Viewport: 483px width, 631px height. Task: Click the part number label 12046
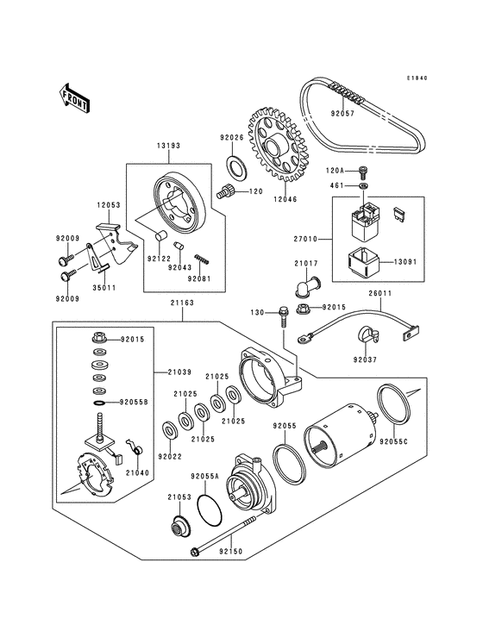pyautogui.click(x=285, y=199)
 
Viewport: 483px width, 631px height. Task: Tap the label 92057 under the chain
pyautogui.click(x=343, y=114)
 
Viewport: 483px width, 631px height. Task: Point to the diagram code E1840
pyautogui.click(x=417, y=78)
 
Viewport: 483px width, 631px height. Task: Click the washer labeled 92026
pyautogui.click(x=235, y=166)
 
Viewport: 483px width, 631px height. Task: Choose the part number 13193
pyautogui.click(x=169, y=146)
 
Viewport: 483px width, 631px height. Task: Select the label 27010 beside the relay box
pyautogui.click(x=306, y=239)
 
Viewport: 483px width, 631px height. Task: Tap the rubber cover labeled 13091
pyautogui.click(x=362, y=262)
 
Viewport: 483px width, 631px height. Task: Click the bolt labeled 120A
pyautogui.click(x=363, y=173)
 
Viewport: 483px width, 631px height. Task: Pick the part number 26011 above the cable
pyautogui.click(x=380, y=294)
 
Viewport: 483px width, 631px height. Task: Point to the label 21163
pyautogui.click(x=181, y=303)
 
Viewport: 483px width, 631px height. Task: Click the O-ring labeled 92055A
pyautogui.click(x=210, y=509)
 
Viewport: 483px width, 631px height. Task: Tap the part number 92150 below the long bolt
pyautogui.click(x=231, y=551)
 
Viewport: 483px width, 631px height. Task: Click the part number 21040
pyautogui.click(x=137, y=473)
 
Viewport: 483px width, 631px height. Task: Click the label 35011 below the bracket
pyautogui.click(x=104, y=288)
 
